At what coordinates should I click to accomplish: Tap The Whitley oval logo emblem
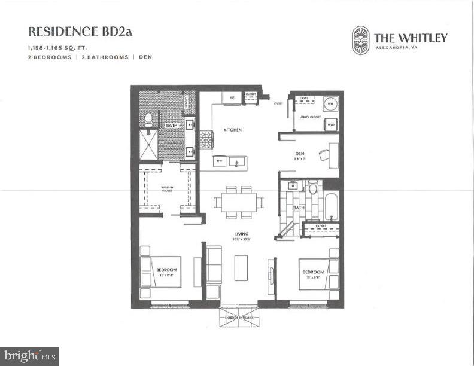361,40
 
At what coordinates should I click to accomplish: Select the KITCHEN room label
232,130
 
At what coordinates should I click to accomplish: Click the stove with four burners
206,140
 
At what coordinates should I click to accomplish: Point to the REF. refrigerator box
231,97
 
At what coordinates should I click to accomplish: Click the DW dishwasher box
220,161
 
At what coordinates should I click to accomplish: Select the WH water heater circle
330,103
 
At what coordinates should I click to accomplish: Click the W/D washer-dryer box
330,125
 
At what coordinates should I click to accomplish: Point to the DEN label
300,153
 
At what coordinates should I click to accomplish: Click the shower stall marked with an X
149,145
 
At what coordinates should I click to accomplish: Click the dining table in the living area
236,201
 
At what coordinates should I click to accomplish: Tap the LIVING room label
242,234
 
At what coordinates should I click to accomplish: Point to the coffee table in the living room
241,268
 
